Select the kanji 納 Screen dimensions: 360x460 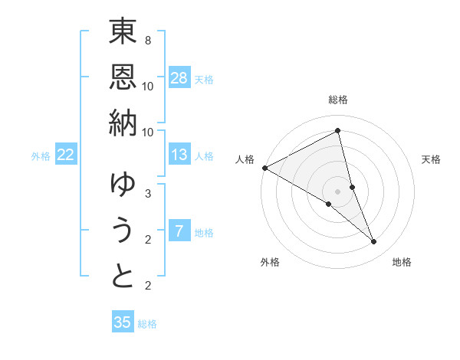click(123, 122)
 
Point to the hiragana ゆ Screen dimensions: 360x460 click(123, 185)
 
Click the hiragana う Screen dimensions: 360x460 click(123, 230)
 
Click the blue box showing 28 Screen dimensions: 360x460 click(179, 78)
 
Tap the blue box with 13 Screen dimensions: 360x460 click(179, 155)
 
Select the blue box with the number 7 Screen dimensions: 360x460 click(179, 232)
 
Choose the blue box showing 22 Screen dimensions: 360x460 click(65, 155)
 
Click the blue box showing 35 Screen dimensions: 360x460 click(123, 322)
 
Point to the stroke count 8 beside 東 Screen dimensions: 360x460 click(147, 39)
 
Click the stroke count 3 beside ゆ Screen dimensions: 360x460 click(147, 193)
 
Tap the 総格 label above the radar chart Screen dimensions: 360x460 click(338, 100)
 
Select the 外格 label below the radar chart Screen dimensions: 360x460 click(270, 262)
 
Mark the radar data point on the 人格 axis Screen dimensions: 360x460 click(264, 168)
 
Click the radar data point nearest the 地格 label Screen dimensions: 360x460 click(374, 242)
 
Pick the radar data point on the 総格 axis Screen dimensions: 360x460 click(338, 131)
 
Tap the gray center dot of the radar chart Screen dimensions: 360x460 click(338, 191)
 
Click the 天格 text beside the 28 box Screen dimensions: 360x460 click(204, 79)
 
